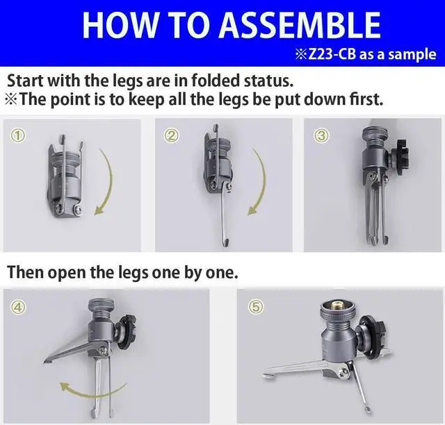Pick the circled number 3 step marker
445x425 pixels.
(x=321, y=136)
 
